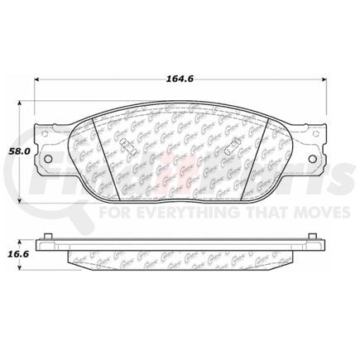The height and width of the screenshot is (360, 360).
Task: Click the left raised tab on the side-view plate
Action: click(x=52, y=238)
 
